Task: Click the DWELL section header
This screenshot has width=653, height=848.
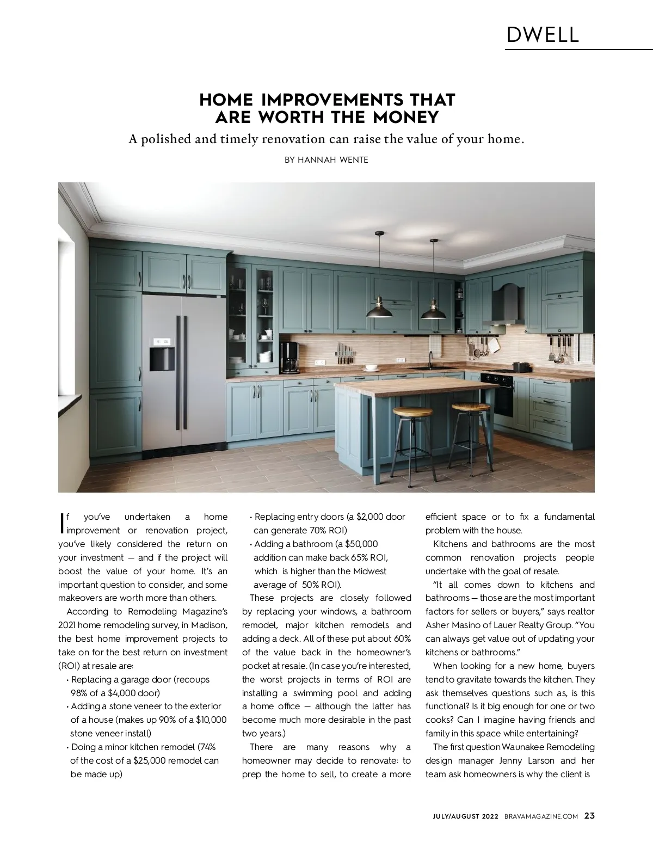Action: tap(543, 35)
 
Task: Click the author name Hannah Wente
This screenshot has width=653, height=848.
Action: tap(326, 160)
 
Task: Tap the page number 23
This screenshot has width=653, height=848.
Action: tap(589, 815)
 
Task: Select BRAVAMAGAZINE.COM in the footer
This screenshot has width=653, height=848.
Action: tap(541, 816)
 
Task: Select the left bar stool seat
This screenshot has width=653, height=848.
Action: tap(408, 412)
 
